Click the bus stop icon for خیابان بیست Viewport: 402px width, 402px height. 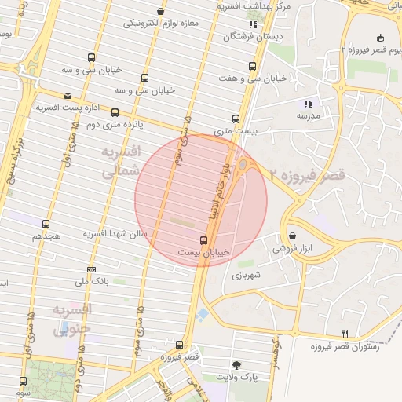coord(204,240)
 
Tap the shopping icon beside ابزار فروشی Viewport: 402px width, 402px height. coord(292,236)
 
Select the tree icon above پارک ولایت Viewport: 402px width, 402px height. coord(237,365)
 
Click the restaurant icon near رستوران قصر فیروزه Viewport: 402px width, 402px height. coord(345,334)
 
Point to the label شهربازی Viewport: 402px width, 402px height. coord(246,276)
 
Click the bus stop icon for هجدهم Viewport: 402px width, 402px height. coord(46,225)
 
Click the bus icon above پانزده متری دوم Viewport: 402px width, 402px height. coord(115,112)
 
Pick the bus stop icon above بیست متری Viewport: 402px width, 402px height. coord(236,119)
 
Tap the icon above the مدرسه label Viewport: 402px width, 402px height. coord(308,104)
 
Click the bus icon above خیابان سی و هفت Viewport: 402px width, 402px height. coord(251,66)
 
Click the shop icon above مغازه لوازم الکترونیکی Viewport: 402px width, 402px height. coord(160,12)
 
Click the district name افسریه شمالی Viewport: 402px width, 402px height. coord(122,159)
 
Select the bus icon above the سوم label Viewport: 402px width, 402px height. coord(22,381)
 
